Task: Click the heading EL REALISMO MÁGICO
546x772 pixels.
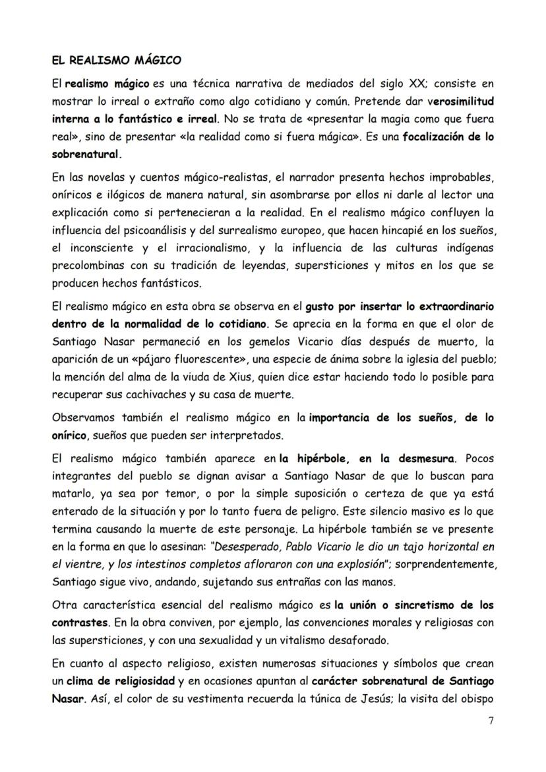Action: [116, 61]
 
